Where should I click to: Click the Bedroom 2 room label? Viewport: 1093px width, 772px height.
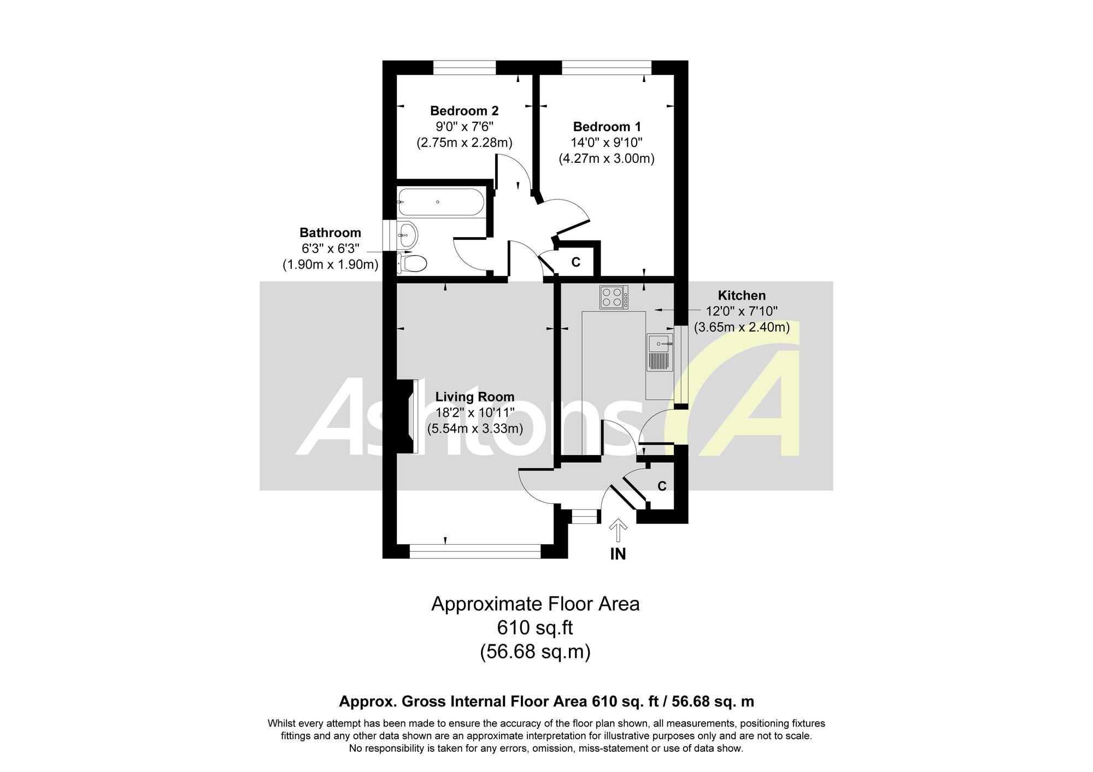pos(464,111)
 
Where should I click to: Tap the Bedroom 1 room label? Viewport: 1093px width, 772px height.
pos(607,127)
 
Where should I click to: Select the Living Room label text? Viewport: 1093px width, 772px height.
pos(474,397)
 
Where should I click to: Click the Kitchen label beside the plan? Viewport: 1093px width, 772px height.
pos(742,296)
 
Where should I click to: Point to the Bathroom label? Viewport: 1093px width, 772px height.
pos(330,233)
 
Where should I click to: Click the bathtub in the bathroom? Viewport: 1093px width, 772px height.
pos(440,202)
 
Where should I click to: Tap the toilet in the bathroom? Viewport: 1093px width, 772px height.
pos(412,264)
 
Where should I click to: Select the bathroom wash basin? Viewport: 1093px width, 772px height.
pos(408,235)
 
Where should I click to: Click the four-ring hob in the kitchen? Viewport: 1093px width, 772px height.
pos(614,297)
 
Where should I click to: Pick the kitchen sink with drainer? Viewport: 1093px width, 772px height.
pos(660,352)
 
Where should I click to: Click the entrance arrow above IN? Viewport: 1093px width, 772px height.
pos(618,530)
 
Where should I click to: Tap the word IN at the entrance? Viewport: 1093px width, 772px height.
pos(618,554)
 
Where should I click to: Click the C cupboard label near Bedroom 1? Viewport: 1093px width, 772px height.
pos(575,262)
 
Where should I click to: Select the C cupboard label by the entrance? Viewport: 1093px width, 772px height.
pos(662,486)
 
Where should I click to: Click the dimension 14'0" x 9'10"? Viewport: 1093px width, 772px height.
pos(607,143)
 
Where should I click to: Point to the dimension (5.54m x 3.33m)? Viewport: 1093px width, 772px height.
pos(474,429)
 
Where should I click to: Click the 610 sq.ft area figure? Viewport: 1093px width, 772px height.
pos(535,628)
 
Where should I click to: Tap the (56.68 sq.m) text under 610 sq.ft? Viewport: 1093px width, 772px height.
pos(535,652)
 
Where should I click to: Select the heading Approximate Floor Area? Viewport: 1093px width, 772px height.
pos(535,604)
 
